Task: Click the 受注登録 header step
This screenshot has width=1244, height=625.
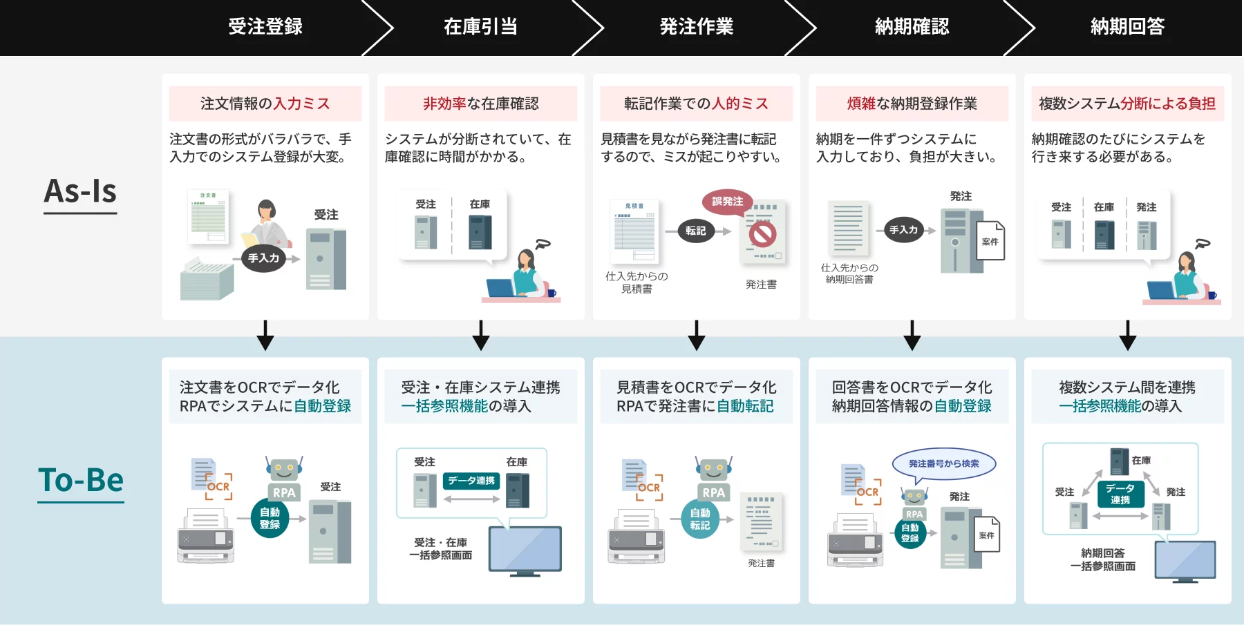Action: point(265,27)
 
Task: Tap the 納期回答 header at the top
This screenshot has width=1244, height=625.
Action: point(1127,27)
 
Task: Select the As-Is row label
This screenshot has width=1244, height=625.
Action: point(80,192)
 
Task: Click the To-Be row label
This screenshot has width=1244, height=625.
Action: point(81,481)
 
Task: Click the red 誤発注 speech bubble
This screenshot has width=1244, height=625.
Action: point(727,202)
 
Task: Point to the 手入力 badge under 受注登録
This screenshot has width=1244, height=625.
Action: point(263,258)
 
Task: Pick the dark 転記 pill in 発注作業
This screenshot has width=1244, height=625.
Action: point(695,231)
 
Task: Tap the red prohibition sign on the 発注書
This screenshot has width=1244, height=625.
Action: point(762,234)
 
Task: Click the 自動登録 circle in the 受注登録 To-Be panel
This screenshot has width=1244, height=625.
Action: point(270,519)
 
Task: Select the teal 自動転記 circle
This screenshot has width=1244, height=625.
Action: point(699,519)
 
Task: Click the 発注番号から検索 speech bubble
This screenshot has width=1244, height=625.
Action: point(943,464)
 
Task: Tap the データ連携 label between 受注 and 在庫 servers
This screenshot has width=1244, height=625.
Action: point(471,481)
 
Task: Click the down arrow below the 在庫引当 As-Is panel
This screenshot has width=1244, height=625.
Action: point(481,336)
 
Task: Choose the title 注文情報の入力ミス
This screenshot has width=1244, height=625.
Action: point(265,104)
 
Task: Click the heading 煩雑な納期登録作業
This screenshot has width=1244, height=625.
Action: point(912,104)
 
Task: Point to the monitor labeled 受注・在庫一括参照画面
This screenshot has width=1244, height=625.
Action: point(525,550)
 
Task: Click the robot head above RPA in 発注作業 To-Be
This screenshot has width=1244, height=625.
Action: point(714,470)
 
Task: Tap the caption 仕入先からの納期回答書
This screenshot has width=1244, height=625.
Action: point(849,273)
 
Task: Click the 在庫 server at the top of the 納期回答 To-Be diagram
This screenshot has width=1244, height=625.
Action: point(1119,461)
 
